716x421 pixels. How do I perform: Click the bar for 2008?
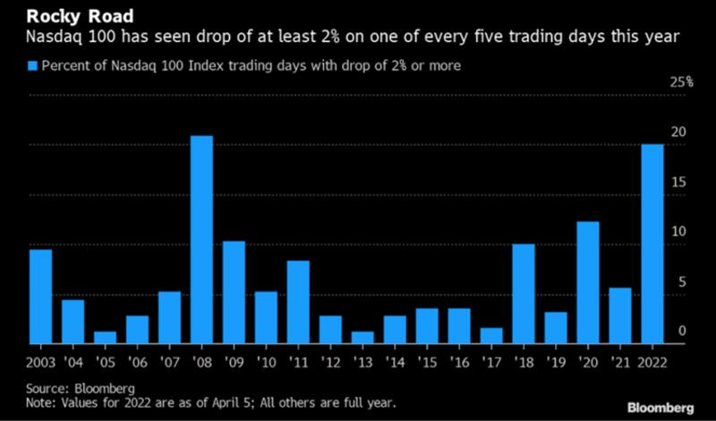pos(201,239)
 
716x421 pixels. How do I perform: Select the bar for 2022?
pos(652,244)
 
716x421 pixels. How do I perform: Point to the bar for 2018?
pos(524,293)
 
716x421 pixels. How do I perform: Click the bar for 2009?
pos(234,291)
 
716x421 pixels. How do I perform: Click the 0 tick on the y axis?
pos(682,331)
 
